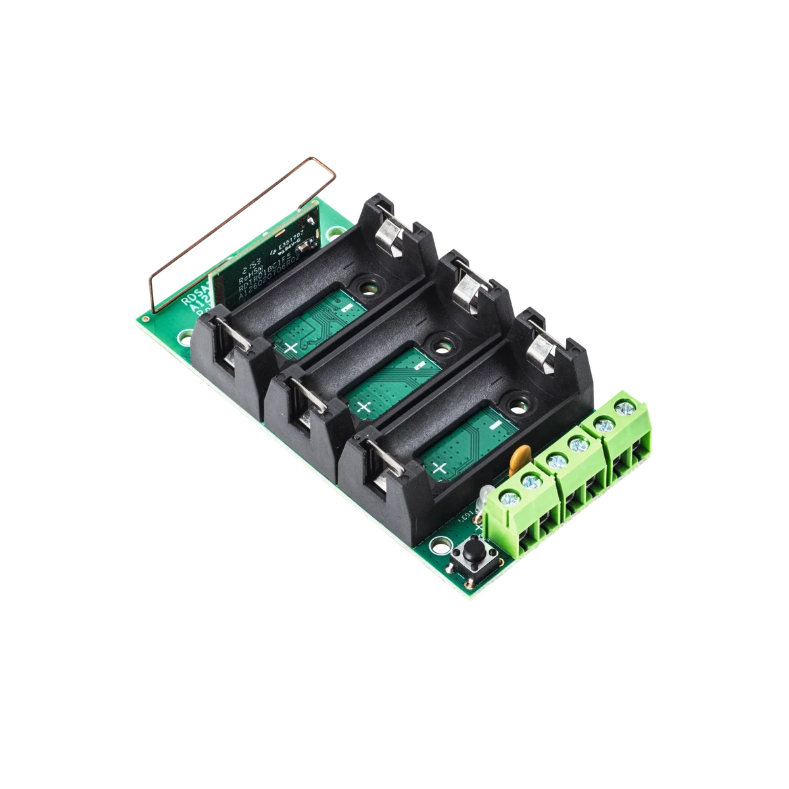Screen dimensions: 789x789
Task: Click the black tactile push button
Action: coord(471,551)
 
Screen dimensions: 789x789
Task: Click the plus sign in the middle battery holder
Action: coord(364,406)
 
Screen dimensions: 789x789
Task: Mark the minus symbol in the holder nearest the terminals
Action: coord(494,426)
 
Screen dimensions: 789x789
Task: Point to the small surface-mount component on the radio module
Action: coord(304,250)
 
